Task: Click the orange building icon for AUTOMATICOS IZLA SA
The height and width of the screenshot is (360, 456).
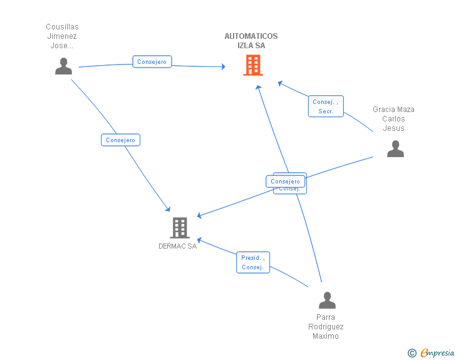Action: [252, 64]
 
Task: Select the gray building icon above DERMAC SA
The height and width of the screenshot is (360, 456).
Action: [180, 228]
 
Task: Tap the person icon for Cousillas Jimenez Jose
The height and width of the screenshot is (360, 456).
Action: [63, 66]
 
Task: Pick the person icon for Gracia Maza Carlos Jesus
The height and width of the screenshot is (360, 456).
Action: [395, 148]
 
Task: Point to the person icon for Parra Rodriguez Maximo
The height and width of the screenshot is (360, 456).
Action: [327, 300]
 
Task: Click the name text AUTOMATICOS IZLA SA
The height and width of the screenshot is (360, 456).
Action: [251, 41]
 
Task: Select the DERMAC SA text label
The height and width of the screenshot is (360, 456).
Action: [178, 246]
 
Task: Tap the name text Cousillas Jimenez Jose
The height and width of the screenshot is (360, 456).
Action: [62, 36]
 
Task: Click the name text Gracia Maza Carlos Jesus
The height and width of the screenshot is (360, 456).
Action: [394, 119]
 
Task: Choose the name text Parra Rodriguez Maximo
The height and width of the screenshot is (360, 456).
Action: [326, 327]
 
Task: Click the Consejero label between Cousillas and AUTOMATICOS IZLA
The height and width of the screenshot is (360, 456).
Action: [152, 62]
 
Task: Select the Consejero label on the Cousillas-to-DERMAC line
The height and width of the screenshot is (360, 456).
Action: [120, 140]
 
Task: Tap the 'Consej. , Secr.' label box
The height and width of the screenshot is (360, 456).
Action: [326, 106]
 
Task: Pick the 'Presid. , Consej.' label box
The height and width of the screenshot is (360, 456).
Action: [253, 262]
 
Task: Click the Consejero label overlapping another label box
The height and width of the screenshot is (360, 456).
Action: [286, 182]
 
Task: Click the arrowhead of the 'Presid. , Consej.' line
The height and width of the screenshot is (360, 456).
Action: [199, 239]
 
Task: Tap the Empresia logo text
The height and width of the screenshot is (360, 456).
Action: [437, 353]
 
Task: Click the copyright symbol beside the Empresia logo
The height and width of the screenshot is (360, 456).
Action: [412, 353]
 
